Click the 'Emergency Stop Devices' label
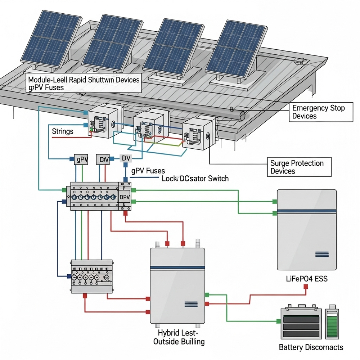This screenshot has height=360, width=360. [x=318, y=112]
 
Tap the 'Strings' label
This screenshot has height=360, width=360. [x=63, y=131]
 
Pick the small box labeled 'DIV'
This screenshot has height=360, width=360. [x=104, y=159]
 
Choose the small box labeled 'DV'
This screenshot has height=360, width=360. [x=126, y=158]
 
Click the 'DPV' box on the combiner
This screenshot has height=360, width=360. [x=124, y=197]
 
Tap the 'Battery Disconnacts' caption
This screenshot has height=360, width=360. [x=311, y=347]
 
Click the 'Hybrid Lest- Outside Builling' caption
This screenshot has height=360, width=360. [x=179, y=337]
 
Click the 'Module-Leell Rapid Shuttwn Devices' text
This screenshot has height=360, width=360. [x=84, y=80]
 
